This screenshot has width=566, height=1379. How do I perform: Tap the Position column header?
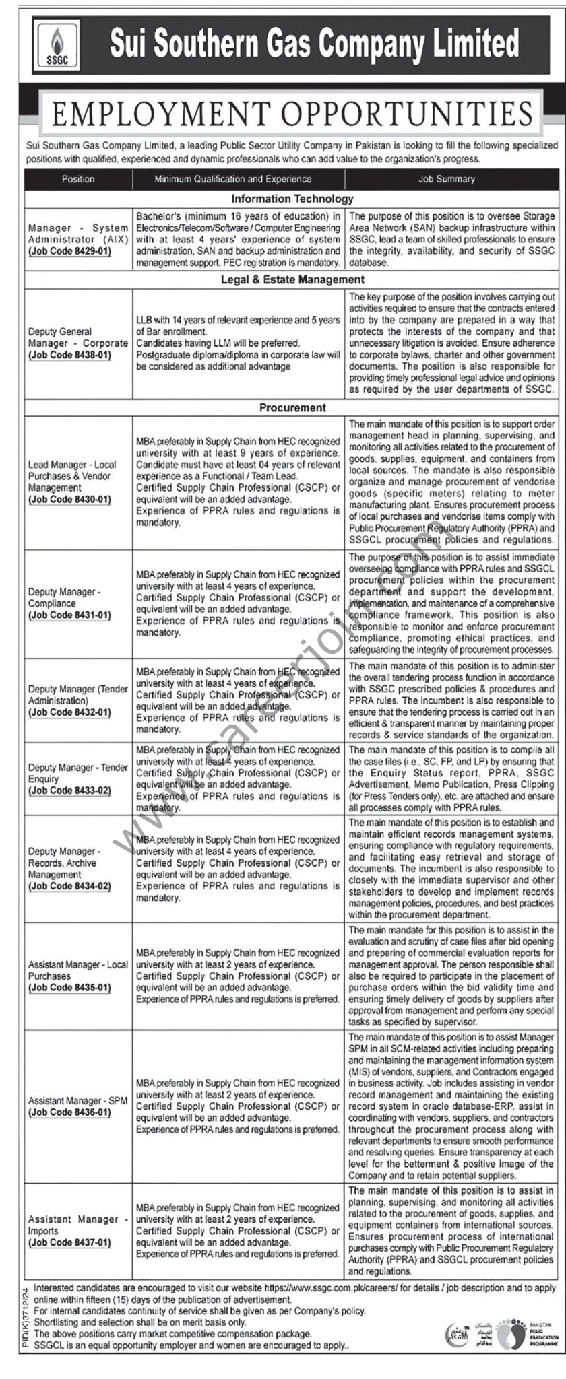(78, 179)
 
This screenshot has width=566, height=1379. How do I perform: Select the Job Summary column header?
(451, 179)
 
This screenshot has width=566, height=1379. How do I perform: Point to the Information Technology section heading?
(292, 199)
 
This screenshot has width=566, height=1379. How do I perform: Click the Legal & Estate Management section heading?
(292, 279)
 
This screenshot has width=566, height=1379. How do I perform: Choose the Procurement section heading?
(292, 407)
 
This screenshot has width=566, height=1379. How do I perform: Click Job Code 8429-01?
(69, 251)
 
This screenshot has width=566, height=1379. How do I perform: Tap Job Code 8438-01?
(69, 354)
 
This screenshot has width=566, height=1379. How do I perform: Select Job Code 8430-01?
(69, 499)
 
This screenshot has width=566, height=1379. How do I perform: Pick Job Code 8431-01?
(69, 615)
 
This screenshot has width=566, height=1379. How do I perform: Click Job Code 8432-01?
(69, 712)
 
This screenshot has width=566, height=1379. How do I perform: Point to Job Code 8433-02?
(69, 790)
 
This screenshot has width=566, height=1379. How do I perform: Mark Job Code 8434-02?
(69, 886)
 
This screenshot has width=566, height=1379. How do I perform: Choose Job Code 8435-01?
(69, 988)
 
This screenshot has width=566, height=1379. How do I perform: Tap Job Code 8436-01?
(69, 1112)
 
